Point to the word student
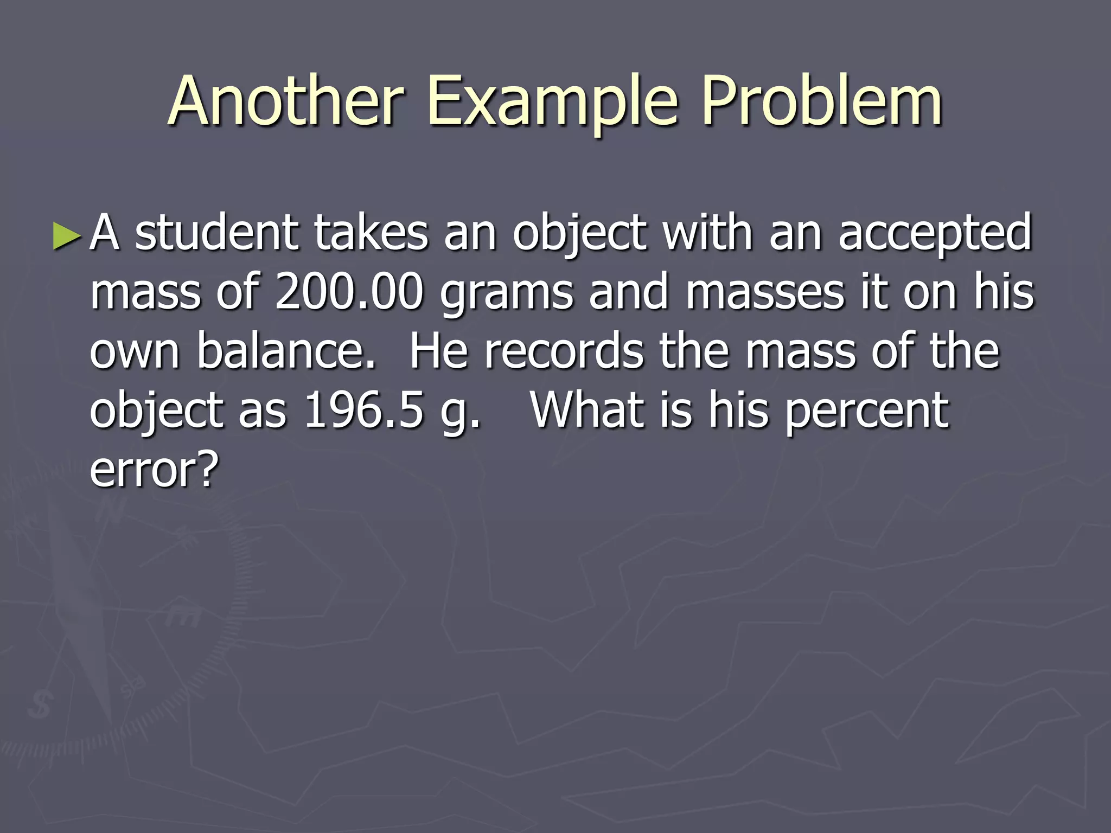(x=216, y=233)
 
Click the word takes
(x=371, y=233)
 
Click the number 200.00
(x=349, y=293)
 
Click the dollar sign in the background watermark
(x=39, y=705)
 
